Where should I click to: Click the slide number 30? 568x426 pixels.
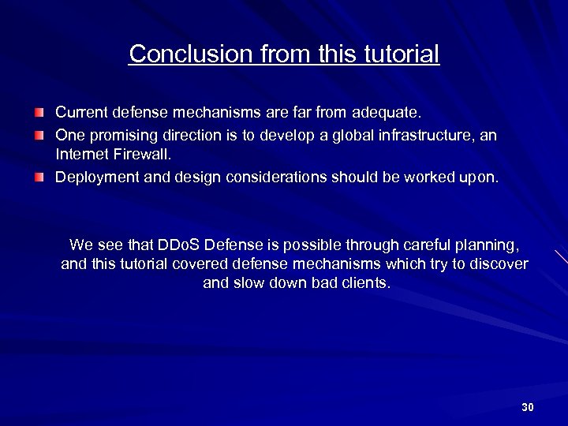[528, 407]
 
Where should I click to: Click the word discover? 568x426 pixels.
[499, 263]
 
